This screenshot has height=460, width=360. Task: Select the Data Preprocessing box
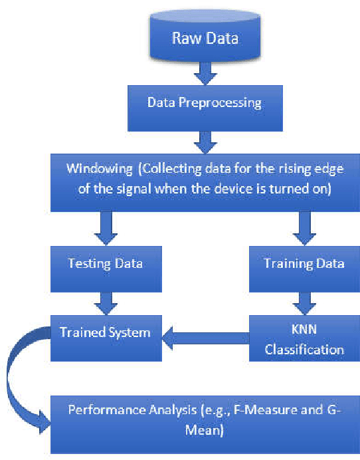204,103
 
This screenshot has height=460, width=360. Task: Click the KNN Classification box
304,340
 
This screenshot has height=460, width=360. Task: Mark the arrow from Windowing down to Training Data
304,227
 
